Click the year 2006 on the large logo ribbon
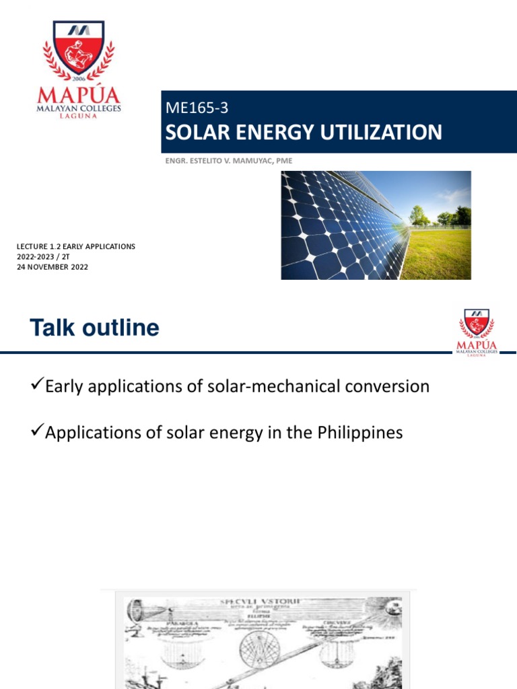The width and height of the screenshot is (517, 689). click(79, 77)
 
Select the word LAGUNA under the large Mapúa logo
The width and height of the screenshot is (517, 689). click(79, 116)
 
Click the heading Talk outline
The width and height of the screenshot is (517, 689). click(94, 328)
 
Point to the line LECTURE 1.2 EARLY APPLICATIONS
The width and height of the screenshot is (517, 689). click(75, 247)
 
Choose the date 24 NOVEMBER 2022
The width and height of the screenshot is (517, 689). click(53, 267)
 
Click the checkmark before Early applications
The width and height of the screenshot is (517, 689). click(37, 386)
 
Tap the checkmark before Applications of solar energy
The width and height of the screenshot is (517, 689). click(37, 432)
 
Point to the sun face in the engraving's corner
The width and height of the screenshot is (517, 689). click(390, 610)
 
